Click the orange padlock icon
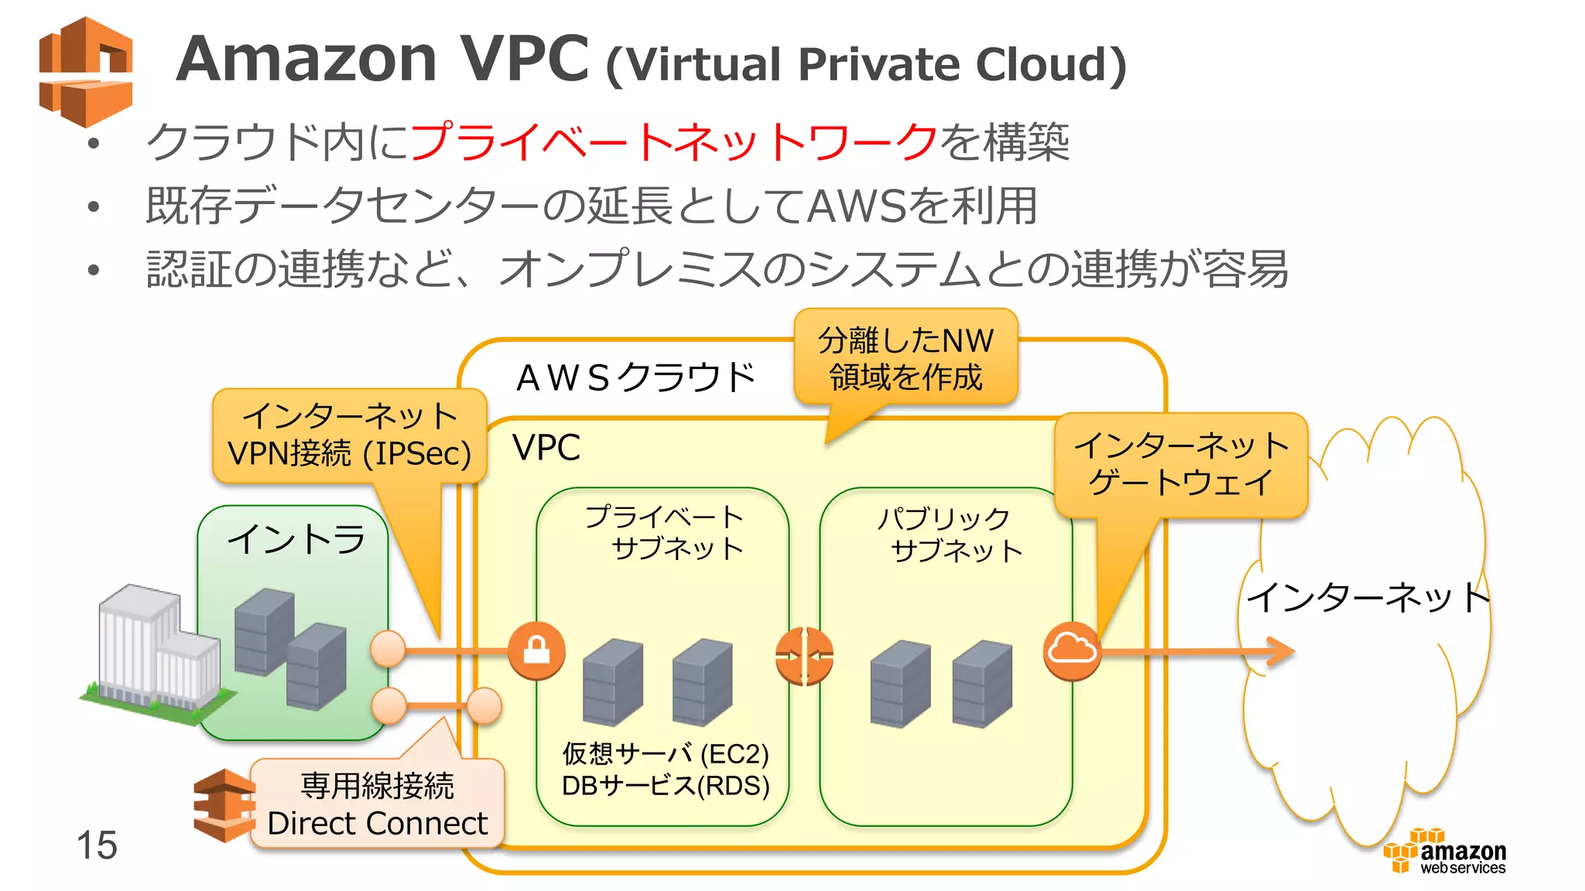536,650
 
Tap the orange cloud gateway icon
1072,650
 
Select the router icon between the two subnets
804,657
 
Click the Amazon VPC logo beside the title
86,72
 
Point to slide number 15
97,845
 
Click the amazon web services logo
1446,852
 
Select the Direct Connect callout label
377,804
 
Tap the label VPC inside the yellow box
546,448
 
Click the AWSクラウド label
635,378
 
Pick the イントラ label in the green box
296,539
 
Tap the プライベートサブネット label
664,532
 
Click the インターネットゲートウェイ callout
1180,464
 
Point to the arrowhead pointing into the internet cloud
1280,651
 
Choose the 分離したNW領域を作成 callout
905,358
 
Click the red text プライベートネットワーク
673,142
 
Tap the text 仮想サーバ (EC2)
666,753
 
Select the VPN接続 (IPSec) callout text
350,452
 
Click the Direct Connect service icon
223,805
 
